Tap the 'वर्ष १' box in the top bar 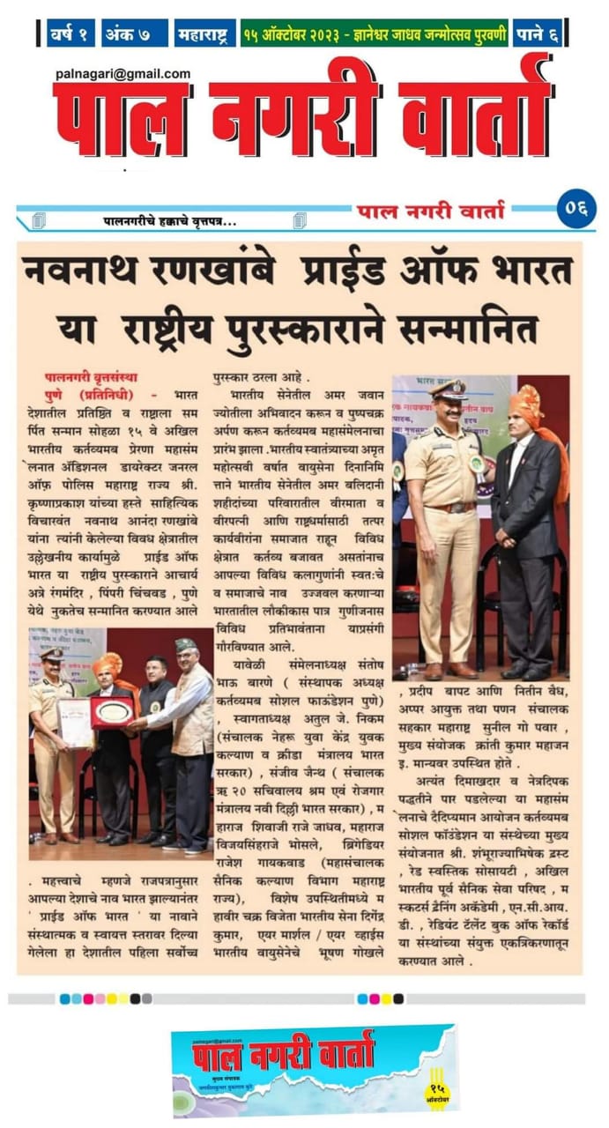click(x=71, y=33)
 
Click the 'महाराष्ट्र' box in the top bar click(x=205, y=33)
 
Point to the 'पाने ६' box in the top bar click(x=538, y=33)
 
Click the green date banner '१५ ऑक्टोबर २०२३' click(x=375, y=33)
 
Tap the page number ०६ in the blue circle click(x=577, y=211)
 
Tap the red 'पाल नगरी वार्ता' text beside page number click(x=431, y=211)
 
